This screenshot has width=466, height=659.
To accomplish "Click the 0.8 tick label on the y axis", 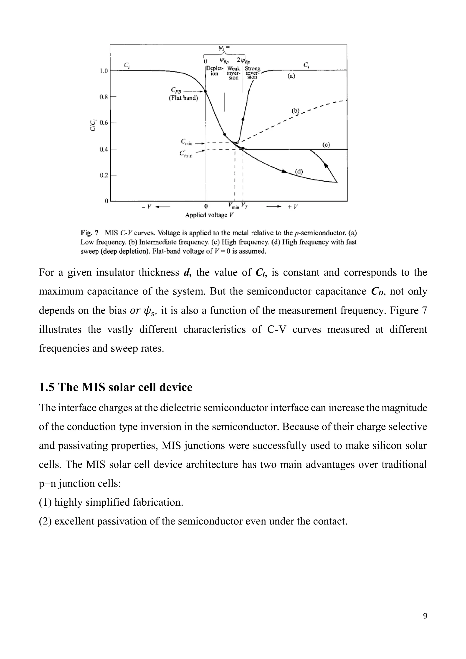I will [x=104, y=97].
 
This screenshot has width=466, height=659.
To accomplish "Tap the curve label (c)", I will [x=326, y=145].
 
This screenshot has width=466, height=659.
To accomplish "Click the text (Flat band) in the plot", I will [x=183, y=98].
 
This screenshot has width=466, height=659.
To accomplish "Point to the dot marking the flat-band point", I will [x=206, y=91].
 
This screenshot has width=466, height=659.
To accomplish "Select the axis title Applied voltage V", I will [x=210, y=215].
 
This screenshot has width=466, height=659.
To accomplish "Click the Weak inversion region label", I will [x=234, y=73].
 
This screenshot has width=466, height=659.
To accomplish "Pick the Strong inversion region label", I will [x=253, y=73].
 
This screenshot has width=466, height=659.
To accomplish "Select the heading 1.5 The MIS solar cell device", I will [x=116, y=388].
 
